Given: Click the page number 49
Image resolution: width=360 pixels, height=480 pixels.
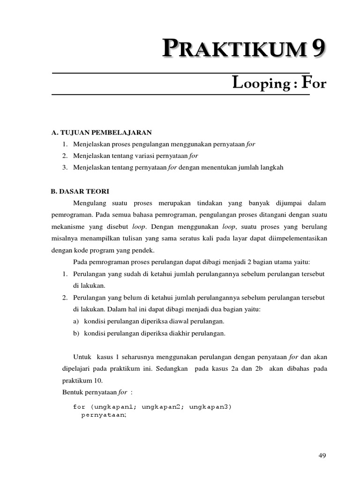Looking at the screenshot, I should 322,456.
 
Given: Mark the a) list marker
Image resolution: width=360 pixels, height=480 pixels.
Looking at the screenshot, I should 77,322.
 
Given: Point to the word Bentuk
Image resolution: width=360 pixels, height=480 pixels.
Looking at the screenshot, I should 72,392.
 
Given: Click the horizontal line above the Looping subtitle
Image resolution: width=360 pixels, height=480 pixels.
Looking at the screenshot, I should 180,73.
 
